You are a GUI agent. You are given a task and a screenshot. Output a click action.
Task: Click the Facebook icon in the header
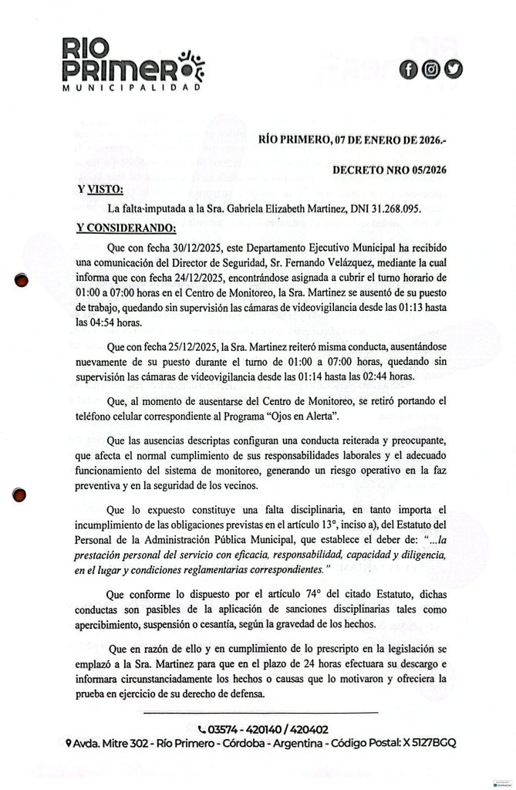point(408,69)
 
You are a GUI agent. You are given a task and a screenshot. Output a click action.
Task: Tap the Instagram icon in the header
point(431,69)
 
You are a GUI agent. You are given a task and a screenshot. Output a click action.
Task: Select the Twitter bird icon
point(454,69)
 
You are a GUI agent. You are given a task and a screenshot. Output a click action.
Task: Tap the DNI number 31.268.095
point(386,208)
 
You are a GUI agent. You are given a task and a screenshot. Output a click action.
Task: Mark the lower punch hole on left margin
point(23,495)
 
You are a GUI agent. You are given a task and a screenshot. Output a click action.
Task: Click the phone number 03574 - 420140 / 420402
point(263,728)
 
